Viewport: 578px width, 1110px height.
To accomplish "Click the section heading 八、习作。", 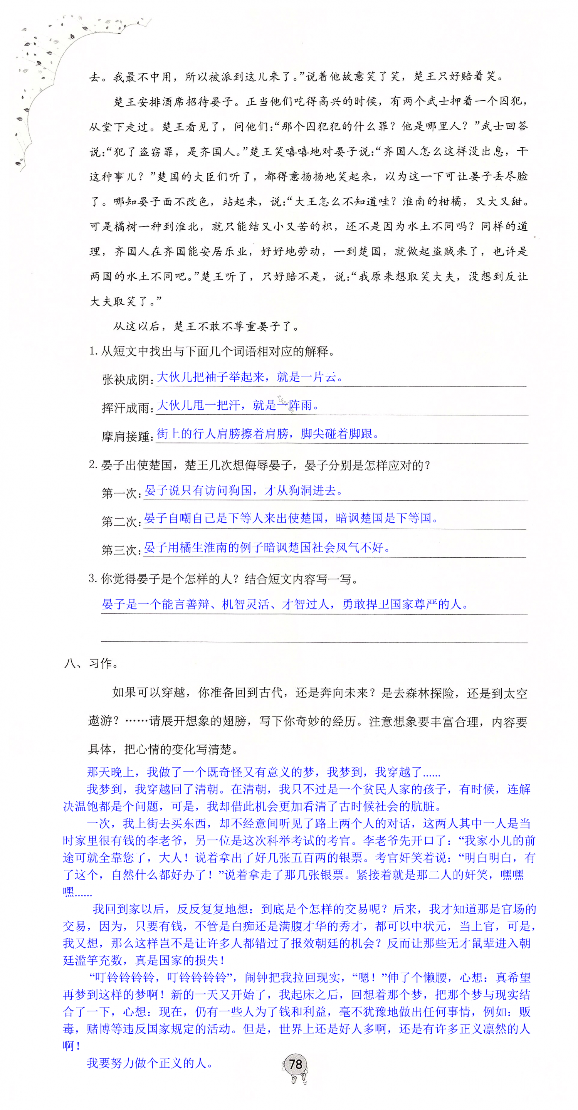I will point(91,664).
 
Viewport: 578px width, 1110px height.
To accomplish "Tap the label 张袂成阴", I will point(126,380).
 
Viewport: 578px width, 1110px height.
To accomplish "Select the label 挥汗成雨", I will point(126,408).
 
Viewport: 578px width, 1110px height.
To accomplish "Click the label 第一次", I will point(119,493).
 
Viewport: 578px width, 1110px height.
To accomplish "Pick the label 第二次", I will point(119,521).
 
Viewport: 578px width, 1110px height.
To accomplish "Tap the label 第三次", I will point(119,550).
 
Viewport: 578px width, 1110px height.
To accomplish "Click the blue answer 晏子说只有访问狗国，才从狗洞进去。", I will point(244,490).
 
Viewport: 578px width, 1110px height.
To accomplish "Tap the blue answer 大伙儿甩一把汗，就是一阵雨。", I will point(238,405).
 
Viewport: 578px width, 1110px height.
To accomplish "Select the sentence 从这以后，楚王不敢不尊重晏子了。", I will point(206,326).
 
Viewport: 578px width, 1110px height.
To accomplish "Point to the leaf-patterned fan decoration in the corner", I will point(56,73).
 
